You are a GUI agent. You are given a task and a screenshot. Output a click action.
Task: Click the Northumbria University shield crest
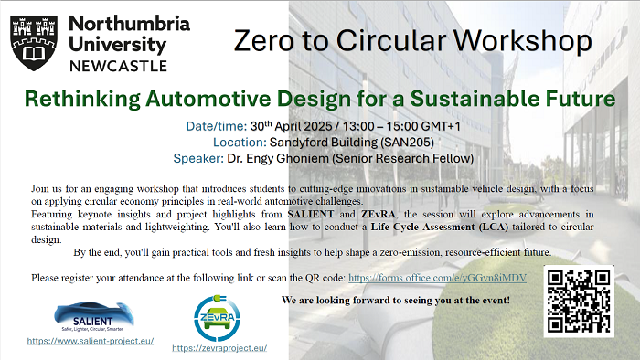(35, 42)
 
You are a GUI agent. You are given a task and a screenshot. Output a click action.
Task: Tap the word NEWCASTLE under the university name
(118, 65)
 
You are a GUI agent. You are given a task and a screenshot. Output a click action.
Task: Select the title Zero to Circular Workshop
(411, 40)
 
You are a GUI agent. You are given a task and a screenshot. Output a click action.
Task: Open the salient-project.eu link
(90, 340)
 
